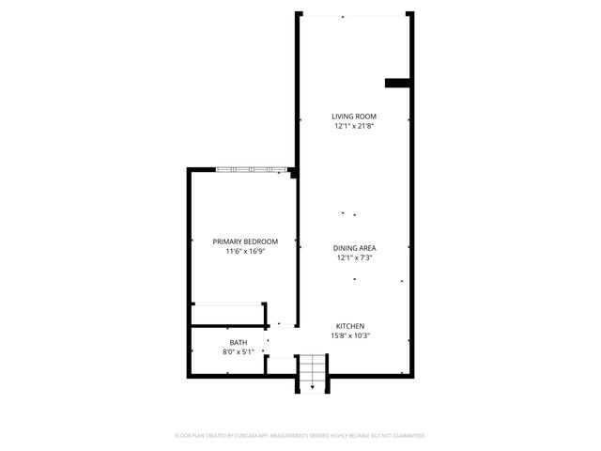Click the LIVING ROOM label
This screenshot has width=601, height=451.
[354, 117]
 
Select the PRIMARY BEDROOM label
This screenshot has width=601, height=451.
[245, 241]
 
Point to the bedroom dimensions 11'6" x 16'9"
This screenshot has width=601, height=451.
[245, 251]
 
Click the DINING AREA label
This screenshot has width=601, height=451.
[354, 248]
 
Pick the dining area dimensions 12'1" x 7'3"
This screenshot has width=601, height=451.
[354, 257]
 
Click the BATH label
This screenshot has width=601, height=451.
[239, 342]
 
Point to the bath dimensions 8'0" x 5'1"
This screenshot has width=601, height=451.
[239, 351]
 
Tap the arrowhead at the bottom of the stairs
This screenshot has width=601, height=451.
[312, 385]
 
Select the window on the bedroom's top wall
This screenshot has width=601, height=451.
[251, 170]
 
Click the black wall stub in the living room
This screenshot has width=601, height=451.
[398, 83]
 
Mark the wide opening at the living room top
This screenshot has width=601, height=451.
[353, 15]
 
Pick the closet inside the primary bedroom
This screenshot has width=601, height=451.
[226, 315]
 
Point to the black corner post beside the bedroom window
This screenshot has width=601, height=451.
[293, 173]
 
